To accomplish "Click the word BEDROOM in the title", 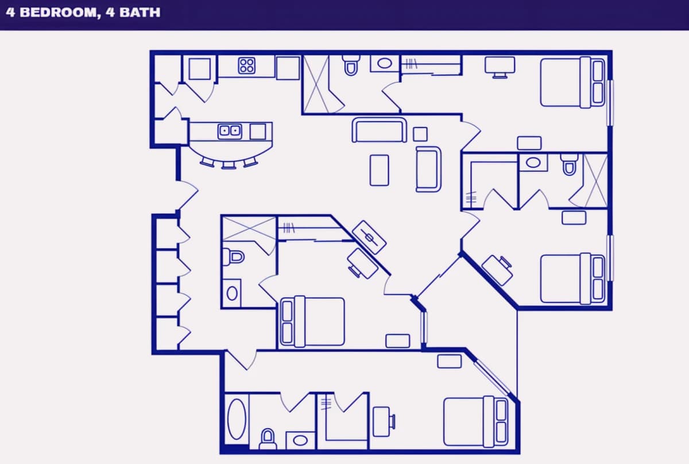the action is point(60,13).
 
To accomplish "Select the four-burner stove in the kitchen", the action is point(246,65).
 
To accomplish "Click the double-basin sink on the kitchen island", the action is point(230,131).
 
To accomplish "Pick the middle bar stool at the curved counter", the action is point(229,165).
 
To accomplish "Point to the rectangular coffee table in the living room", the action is point(380,170).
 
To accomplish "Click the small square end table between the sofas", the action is point(420,134).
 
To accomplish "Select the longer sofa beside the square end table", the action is point(380,130).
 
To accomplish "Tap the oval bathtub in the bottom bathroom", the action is point(237,419).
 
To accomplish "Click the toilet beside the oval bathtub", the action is point(268,439).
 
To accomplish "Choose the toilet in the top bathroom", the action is point(351,65).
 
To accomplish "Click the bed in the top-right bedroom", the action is point(572,82).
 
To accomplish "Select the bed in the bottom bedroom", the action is point(475,422).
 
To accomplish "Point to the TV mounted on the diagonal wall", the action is point(369,238).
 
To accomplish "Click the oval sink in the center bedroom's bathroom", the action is point(232,293).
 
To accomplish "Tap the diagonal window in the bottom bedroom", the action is point(491,377).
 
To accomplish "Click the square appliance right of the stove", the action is point(288,68).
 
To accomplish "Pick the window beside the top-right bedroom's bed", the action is point(610,103).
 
